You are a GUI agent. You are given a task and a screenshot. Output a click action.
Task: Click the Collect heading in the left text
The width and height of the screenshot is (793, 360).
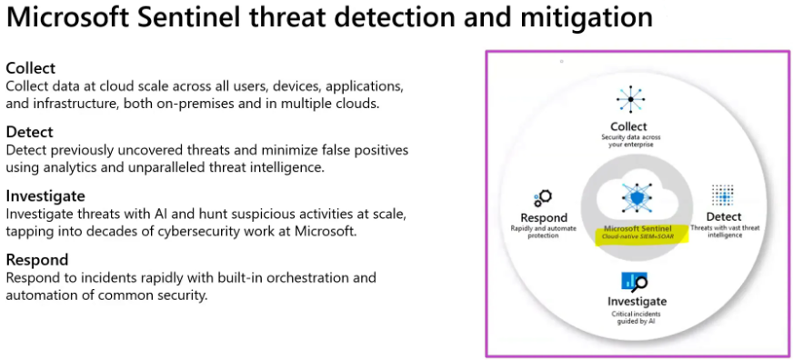point(31,68)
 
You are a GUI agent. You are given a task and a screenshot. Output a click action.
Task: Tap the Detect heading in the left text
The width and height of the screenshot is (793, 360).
point(29,132)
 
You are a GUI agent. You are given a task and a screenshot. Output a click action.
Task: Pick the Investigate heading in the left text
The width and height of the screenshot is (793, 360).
point(45,195)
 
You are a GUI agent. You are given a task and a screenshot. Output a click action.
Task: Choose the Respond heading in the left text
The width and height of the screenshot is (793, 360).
point(37,260)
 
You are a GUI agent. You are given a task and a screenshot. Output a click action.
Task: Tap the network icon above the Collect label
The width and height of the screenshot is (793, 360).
point(627,98)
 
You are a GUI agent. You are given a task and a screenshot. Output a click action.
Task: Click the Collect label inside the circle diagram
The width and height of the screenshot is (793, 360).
point(628,126)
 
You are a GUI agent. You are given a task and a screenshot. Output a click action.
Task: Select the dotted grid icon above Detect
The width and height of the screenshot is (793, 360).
point(723,195)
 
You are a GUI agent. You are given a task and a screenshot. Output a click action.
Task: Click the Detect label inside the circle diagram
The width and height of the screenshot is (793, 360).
point(724,218)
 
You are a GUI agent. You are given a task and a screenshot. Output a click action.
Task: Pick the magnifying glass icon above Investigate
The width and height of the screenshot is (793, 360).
point(634,281)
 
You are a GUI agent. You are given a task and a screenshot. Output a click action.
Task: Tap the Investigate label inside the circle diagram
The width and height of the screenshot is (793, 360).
point(637,301)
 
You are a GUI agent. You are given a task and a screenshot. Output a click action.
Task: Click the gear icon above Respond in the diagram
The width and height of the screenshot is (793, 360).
point(544,197)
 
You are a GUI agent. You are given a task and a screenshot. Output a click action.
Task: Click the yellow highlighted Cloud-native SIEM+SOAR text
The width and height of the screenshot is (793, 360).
point(637,236)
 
